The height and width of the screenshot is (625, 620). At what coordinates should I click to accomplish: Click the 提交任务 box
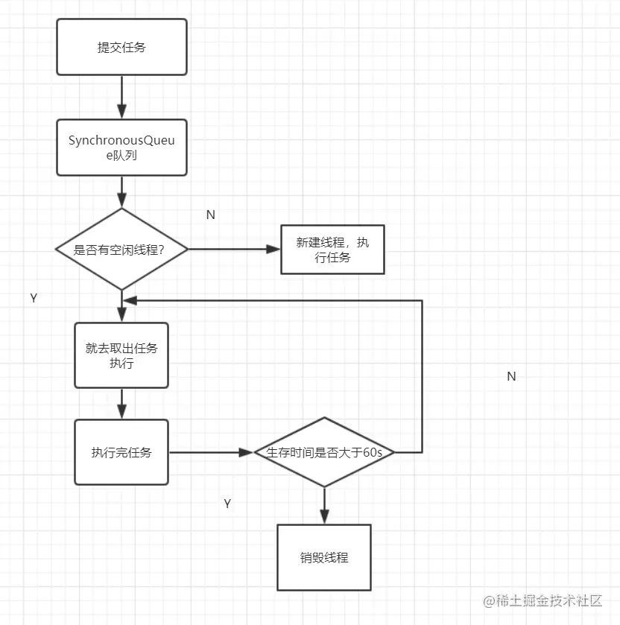point(121,47)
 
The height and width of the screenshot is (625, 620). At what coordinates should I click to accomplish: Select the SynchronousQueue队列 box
point(121,147)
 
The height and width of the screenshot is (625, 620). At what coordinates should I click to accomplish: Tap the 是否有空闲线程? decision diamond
point(121,250)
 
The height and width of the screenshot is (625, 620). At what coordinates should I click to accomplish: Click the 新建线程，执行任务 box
point(332,250)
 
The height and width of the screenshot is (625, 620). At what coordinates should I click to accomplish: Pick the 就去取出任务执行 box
point(121,355)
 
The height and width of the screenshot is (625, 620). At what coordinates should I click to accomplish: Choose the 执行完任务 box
point(121,452)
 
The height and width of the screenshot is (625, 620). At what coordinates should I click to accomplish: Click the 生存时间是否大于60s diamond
point(324,452)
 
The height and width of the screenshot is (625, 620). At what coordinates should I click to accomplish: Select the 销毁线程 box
point(324,557)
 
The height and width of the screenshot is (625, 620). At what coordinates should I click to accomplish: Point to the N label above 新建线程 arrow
point(210,215)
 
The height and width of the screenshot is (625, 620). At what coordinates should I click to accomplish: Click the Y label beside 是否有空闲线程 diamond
point(34,298)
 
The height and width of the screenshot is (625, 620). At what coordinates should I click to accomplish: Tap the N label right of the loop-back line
point(511,376)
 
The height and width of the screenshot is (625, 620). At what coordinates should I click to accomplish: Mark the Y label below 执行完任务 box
point(227,504)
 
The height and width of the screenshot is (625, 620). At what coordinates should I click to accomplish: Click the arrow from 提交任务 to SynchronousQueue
point(121,97)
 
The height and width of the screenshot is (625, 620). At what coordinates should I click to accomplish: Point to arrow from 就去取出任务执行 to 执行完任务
point(121,404)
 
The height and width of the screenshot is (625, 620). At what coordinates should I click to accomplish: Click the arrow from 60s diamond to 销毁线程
point(324,507)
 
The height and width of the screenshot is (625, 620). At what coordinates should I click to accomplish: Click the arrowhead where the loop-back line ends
point(130,300)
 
